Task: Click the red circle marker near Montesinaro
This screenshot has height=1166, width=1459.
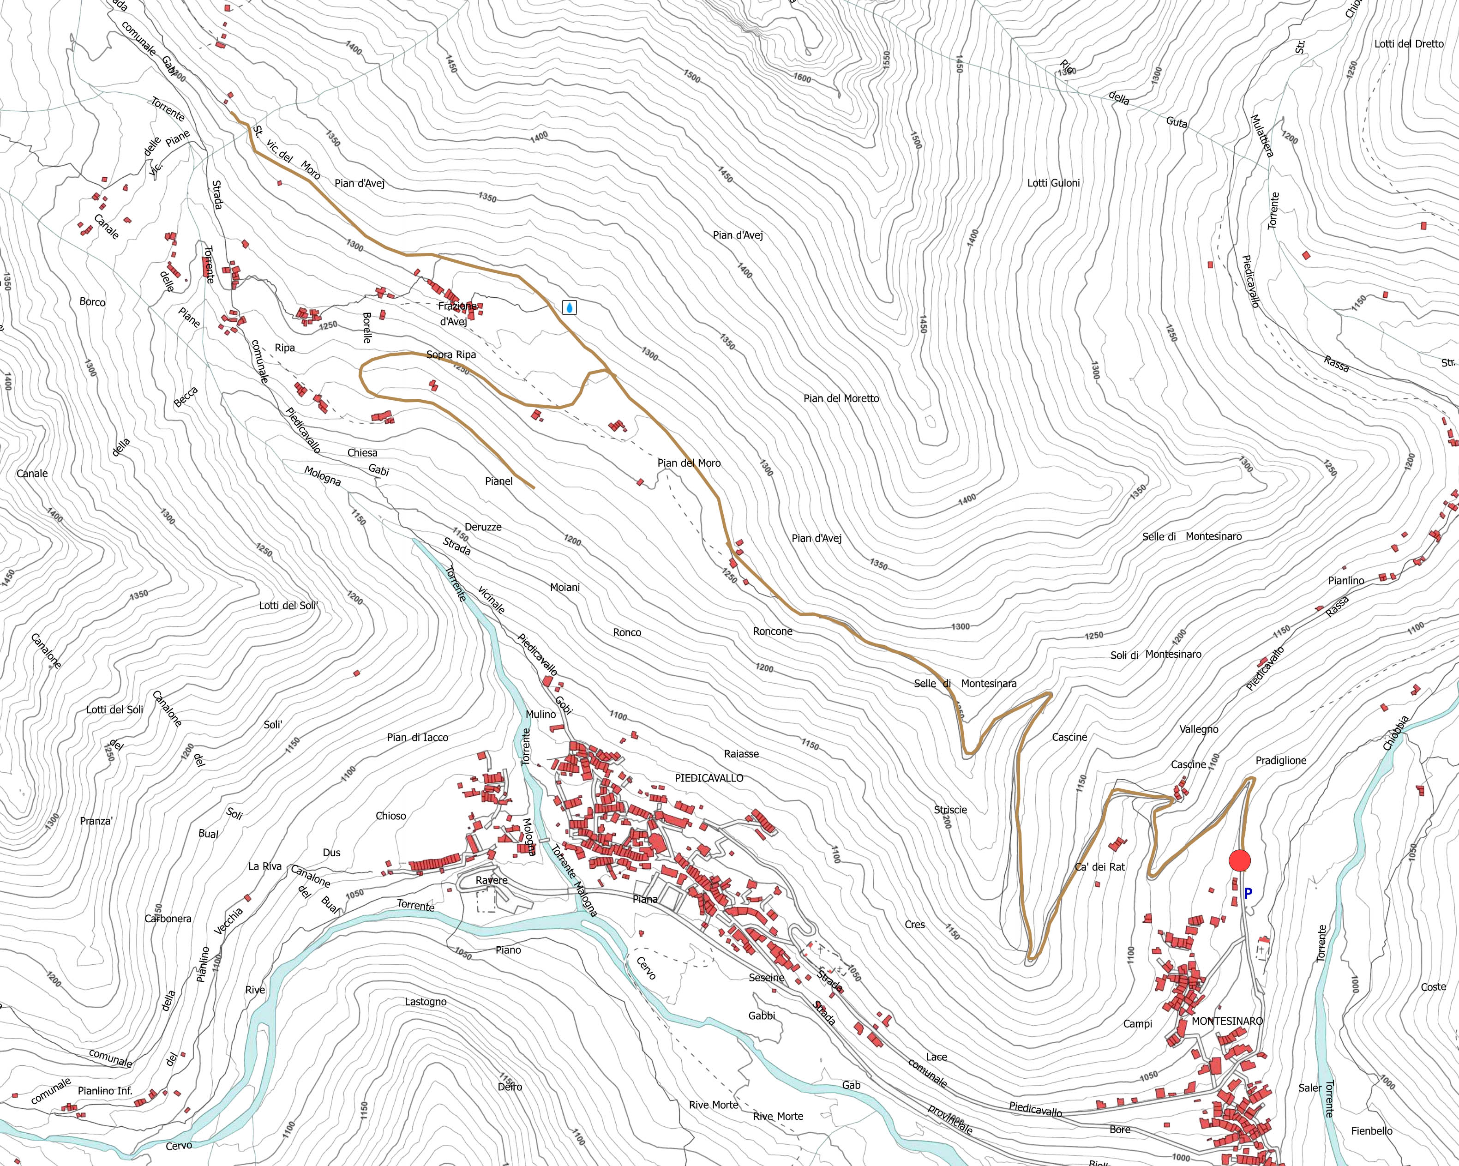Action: click(1239, 861)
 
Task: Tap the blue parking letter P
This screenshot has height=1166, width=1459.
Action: click(1248, 893)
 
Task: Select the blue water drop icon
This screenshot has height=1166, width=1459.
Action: click(570, 308)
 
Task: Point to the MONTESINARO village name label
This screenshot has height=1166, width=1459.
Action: click(1227, 1021)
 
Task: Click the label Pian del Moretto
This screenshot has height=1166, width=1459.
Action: click(841, 399)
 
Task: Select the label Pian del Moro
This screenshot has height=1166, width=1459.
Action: click(689, 463)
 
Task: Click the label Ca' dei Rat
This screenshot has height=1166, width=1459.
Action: click(1099, 866)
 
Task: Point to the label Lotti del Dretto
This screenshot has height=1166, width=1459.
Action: click(1409, 44)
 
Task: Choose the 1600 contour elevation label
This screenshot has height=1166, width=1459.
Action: click(801, 78)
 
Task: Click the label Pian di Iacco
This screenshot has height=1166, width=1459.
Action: click(418, 737)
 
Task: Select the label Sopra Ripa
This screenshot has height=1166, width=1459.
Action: click(450, 355)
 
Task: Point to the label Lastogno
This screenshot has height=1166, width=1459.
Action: click(426, 1002)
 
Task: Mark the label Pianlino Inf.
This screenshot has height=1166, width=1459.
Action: click(105, 1090)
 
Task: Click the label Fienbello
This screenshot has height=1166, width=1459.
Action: click(1372, 1131)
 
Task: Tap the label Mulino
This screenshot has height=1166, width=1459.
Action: click(540, 714)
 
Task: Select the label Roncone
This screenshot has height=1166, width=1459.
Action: click(772, 631)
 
